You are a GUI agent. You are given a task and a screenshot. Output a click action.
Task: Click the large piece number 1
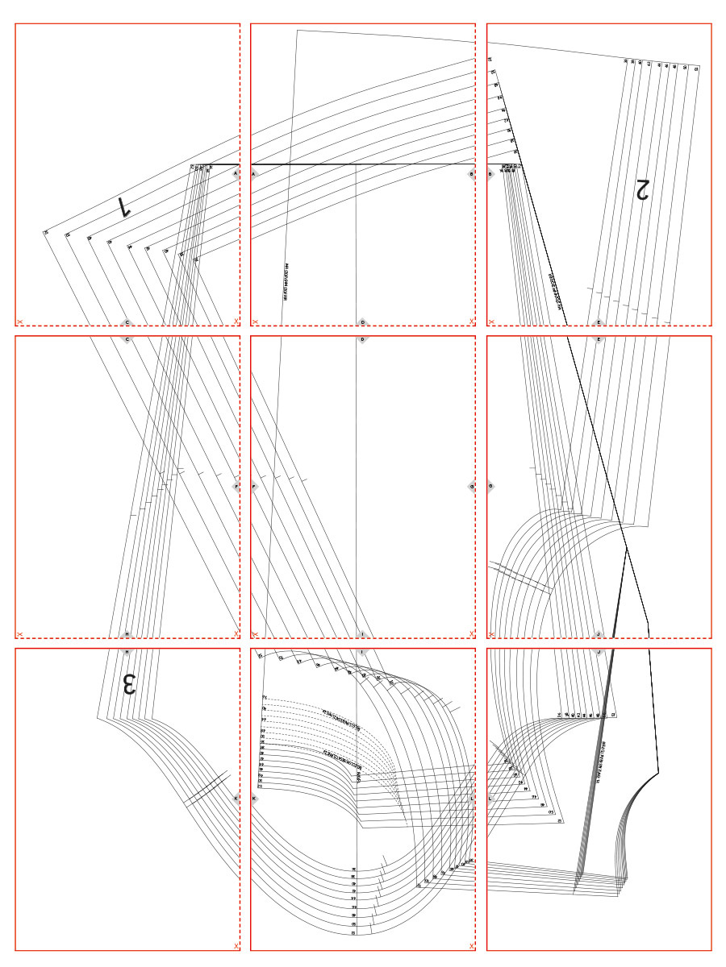coord(125,206)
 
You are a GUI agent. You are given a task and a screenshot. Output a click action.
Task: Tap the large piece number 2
coord(643,189)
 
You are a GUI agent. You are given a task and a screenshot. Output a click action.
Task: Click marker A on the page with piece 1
coord(236,173)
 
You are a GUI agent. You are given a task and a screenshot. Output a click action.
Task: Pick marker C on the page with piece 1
coord(127,322)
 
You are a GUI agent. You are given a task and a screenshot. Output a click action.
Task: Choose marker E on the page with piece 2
coord(599,322)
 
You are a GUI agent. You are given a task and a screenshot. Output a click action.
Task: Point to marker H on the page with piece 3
coord(127,634)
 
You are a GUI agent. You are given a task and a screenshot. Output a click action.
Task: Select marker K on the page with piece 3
coord(236,799)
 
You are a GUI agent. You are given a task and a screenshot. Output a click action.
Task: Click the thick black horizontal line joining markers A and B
coord(363,164)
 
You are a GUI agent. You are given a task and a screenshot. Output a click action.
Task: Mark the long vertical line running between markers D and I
coord(357,483)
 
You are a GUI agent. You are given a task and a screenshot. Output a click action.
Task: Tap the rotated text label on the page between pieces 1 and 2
coord(286,281)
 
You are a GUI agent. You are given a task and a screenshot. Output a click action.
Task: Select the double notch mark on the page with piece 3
coord(205,787)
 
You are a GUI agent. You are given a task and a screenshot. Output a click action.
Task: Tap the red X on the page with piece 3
coord(236,945)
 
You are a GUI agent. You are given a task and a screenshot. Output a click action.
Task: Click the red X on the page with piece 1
coord(236,321)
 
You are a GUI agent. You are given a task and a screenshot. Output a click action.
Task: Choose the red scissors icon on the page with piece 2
coord(491,322)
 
